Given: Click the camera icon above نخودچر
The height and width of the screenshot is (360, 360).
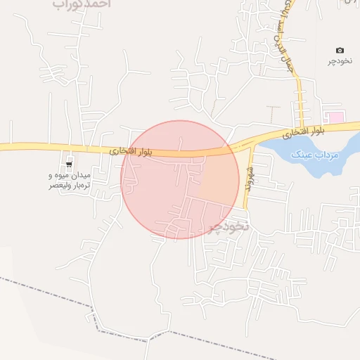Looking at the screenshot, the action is click(x=340, y=50).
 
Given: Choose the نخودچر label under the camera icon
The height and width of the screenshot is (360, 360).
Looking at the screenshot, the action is click(x=340, y=62).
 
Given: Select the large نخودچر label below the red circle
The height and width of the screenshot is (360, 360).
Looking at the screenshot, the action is click(x=229, y=226).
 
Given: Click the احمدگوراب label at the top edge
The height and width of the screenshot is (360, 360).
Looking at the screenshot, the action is click(x=82, y=4).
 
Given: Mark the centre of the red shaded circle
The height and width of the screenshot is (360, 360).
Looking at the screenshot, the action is click(x=180, y=179).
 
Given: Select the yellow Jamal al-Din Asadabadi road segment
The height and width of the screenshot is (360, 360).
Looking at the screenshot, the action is click(x=300, y=91).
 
